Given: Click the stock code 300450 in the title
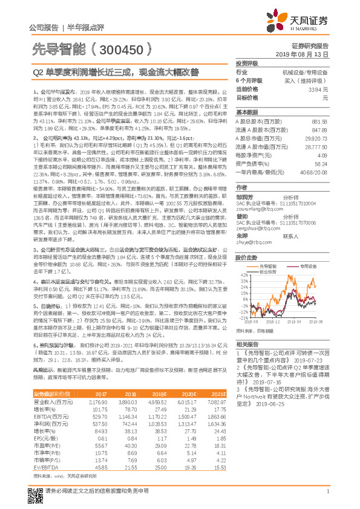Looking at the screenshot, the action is [x=124, y=47].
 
